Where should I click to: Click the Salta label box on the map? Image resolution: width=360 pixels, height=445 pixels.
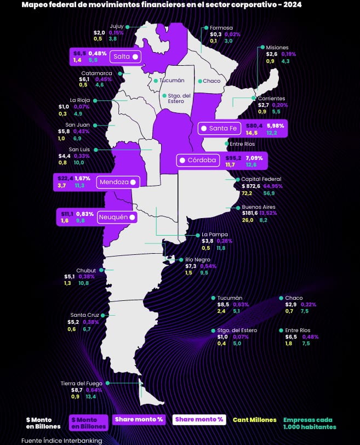coord(125,56)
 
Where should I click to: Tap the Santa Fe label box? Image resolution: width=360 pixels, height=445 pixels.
coord(219,128)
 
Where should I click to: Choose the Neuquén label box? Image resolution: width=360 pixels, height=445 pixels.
coord(117,217)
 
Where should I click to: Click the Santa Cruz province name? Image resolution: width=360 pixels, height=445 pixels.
coord(84,315)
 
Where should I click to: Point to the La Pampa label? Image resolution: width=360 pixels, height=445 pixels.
coord(215,235)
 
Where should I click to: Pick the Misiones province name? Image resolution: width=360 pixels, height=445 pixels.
coord(277,47)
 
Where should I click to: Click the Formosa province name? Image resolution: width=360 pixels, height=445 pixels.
coord(221,27)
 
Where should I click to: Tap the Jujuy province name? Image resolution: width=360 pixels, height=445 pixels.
coord(117,26)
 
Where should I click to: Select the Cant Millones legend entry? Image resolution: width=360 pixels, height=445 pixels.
coord(254,420)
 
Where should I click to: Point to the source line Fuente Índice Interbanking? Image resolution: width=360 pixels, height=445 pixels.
coord(61,440)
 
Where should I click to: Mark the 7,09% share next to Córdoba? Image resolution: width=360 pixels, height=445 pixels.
coord(253,158)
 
